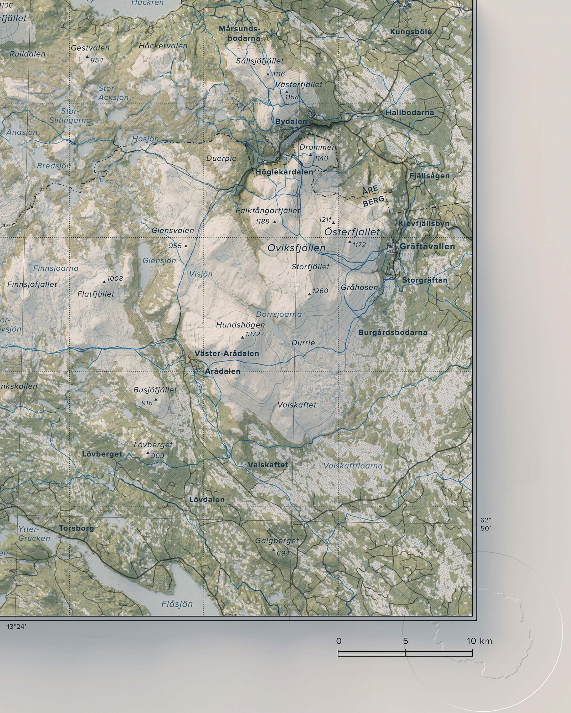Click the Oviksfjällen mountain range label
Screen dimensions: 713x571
[296, 248]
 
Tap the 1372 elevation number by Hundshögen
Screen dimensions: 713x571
[253, 334]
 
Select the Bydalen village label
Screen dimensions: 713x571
[291, 121]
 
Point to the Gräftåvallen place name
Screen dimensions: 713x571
[427, 247]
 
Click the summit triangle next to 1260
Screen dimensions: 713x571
[309, 294]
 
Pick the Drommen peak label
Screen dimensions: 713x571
[318, 147]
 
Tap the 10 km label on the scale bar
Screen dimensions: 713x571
[479, 641]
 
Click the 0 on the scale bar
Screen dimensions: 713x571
[339, 641]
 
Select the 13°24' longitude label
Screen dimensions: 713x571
[16, 626]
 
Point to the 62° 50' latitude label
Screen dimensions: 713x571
[486, 524]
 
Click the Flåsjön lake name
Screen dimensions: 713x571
[177, 604]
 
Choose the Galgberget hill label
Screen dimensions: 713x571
[277, 541]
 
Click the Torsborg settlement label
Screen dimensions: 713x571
[77, 528]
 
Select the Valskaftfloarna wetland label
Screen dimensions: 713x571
[353, 466]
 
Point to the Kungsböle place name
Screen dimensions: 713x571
[411, 32]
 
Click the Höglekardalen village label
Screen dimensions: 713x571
[284, 172]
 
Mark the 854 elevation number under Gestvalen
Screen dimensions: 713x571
[97, 60]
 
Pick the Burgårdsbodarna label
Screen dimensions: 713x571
[393, 332]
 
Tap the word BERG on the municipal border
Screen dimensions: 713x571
[374, 201]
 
